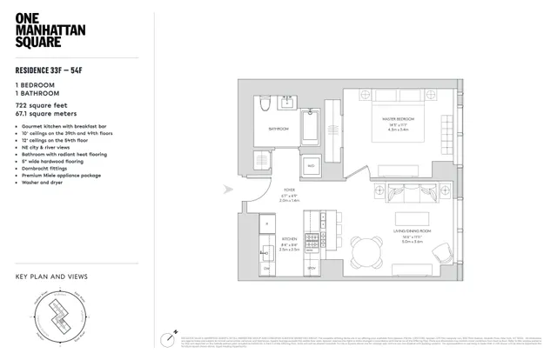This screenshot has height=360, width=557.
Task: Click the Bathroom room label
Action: [278, 130]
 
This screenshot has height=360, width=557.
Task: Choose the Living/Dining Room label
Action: [410, 228]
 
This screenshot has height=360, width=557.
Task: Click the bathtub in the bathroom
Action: [312, 131]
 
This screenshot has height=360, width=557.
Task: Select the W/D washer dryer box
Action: [311, 165]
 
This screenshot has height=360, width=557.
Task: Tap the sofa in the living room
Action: [406, 193]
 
